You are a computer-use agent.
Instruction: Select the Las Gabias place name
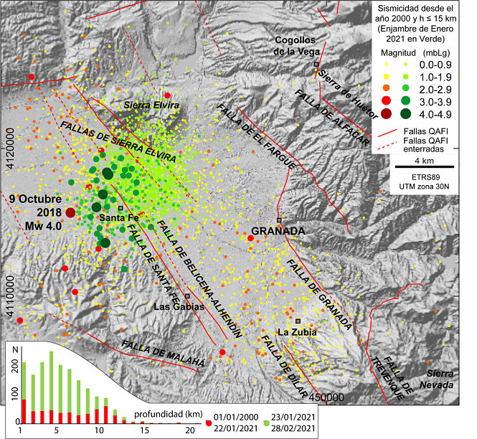[179, 307]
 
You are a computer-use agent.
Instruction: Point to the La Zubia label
[294, 332]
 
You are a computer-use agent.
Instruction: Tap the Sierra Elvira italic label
[146, 105]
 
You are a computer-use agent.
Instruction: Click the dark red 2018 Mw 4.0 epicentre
[70, 212]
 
